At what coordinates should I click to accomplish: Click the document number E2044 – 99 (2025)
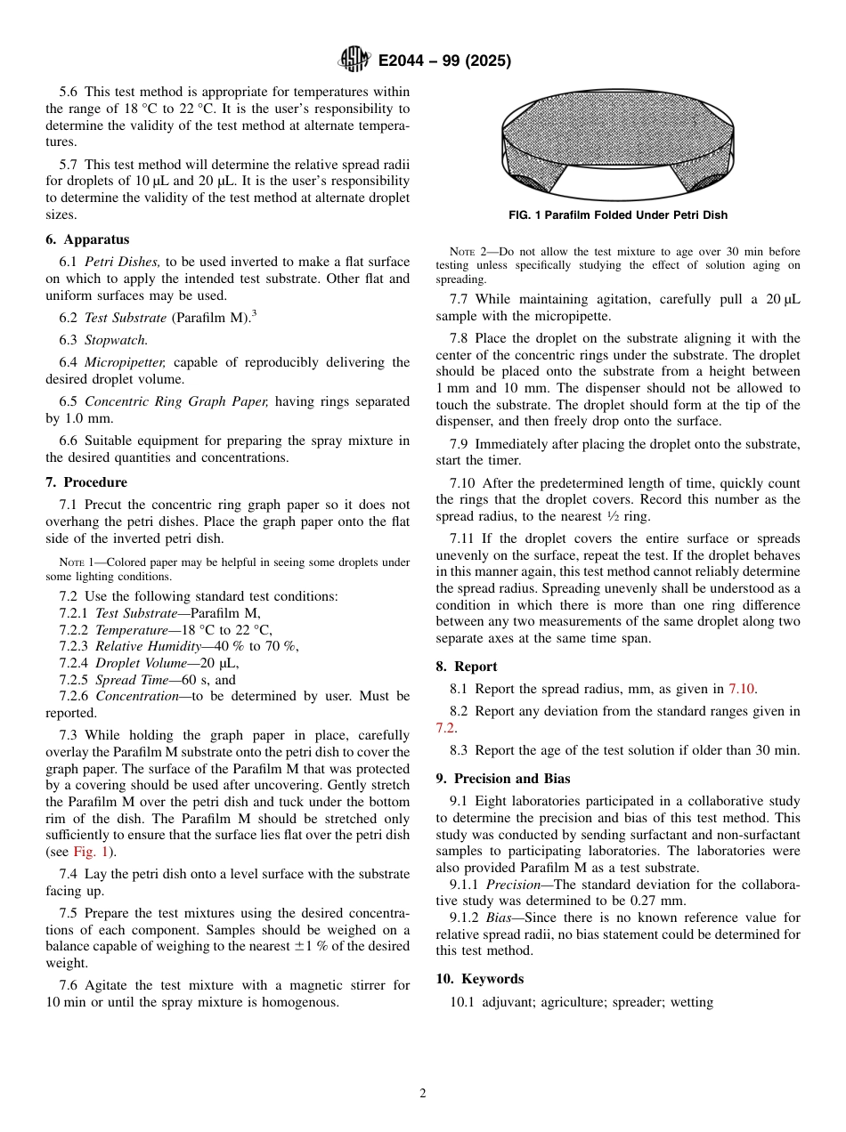click(444, 61)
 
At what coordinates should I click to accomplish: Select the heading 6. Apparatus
click(87, 239)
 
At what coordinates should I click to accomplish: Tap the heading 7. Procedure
click(86, 482)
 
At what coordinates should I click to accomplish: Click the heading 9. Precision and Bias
click(503, 779)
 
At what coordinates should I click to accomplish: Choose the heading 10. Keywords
click(479, 979)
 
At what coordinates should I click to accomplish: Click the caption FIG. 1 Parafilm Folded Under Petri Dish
click(617, 215)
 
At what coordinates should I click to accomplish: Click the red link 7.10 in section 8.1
click(742, 689)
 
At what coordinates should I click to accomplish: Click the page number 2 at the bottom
click(423, 1094)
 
